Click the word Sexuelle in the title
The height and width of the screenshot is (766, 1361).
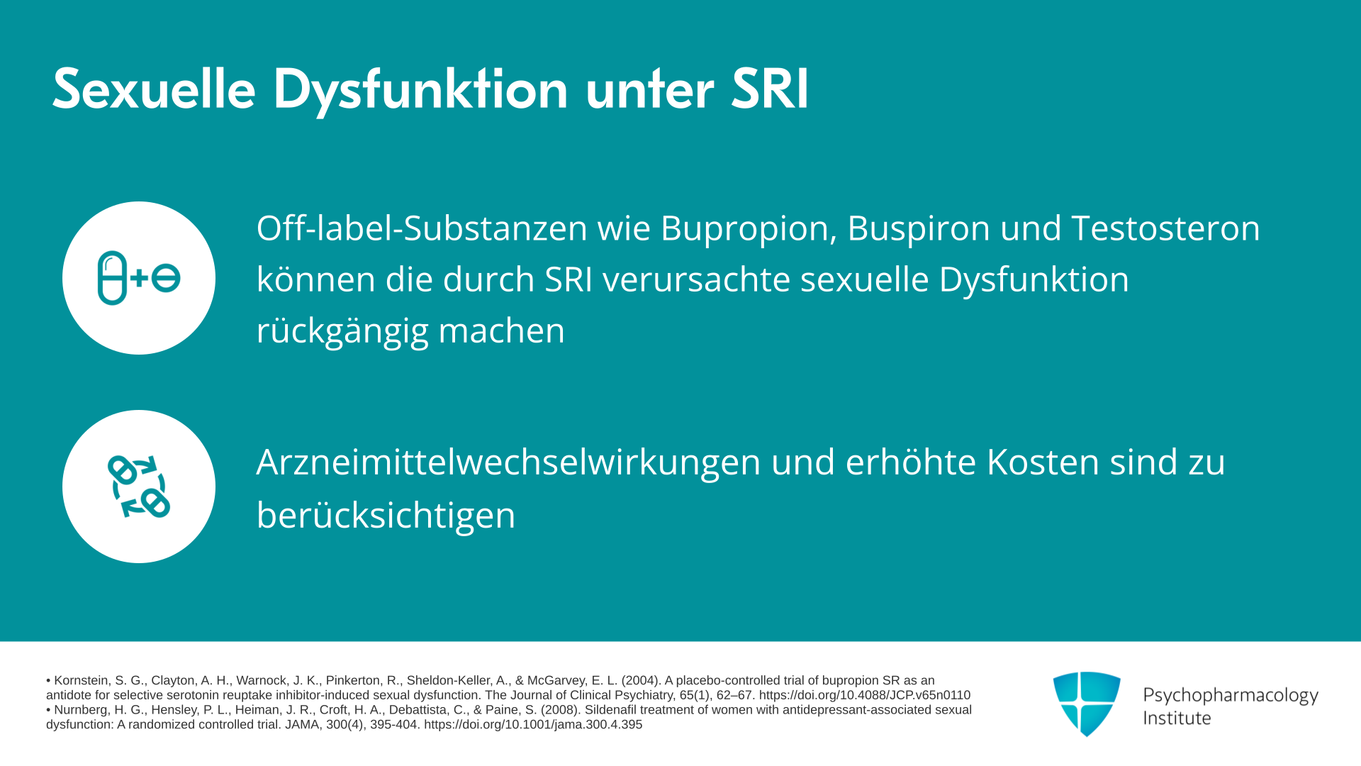tap(154, 89)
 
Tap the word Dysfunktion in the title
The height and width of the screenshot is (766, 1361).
tap(420, 91)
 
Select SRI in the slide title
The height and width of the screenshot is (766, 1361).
tap(770, 89)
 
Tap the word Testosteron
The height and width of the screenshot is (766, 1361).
tap(1166, 228)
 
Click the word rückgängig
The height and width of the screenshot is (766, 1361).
tap(342, 331)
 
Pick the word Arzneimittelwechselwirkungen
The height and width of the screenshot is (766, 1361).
tap(508, 462)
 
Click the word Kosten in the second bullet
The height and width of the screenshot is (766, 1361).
tap(1043, 462)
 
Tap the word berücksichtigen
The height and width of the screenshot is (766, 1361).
tap(386, 515)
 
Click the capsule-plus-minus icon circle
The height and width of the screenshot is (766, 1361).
tap(139, 278)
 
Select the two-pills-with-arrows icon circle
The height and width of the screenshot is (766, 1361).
tap(139, 487)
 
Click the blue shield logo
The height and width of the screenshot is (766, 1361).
tap(1087, 704)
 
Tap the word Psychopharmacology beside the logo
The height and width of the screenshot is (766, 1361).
tap(1231, 696)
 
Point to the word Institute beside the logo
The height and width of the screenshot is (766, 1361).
tap(1177, 718)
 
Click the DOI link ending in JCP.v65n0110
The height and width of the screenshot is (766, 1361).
tap(865, 695)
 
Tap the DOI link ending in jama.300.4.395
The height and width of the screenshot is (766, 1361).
tap(533, 725)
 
